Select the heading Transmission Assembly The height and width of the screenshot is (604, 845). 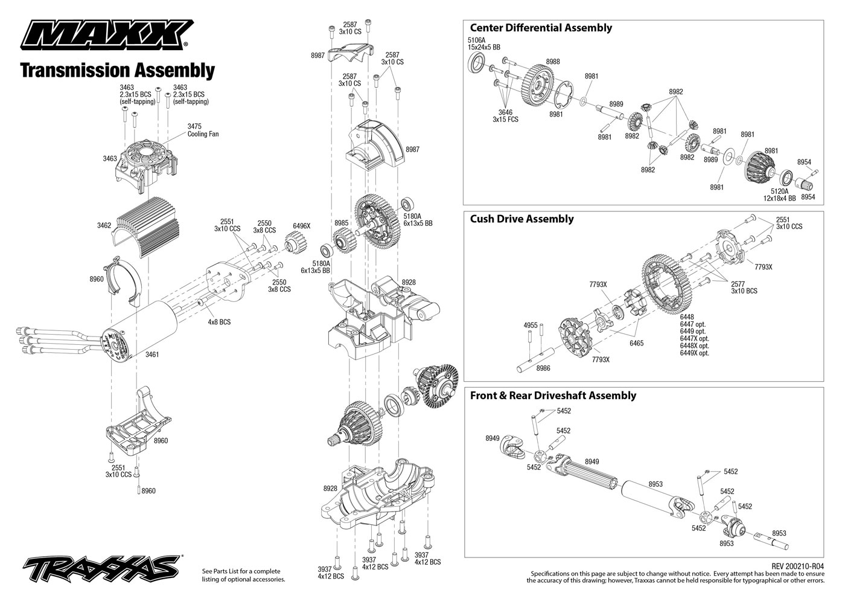[117, 71]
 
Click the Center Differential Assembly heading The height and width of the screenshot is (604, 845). [540, 28]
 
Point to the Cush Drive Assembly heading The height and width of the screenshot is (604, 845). [521, 219]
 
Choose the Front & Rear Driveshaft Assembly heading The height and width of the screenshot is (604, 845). [552, 396]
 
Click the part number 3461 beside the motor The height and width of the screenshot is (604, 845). [152, 355]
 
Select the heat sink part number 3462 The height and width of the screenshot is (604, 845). [104, 225]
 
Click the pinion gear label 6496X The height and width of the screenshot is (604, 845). [301, 225]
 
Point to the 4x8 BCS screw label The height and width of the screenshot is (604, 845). [219, 322]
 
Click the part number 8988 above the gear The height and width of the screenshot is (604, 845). [552, 62]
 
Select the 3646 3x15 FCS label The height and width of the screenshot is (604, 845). [505, 116]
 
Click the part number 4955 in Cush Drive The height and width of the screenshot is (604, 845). [530, 325]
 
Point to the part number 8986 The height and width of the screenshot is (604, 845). [543, 368]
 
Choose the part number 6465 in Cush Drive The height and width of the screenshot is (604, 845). [636, 343]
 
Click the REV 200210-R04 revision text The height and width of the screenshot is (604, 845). [797, 566]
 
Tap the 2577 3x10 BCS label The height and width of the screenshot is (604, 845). [744, 287]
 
